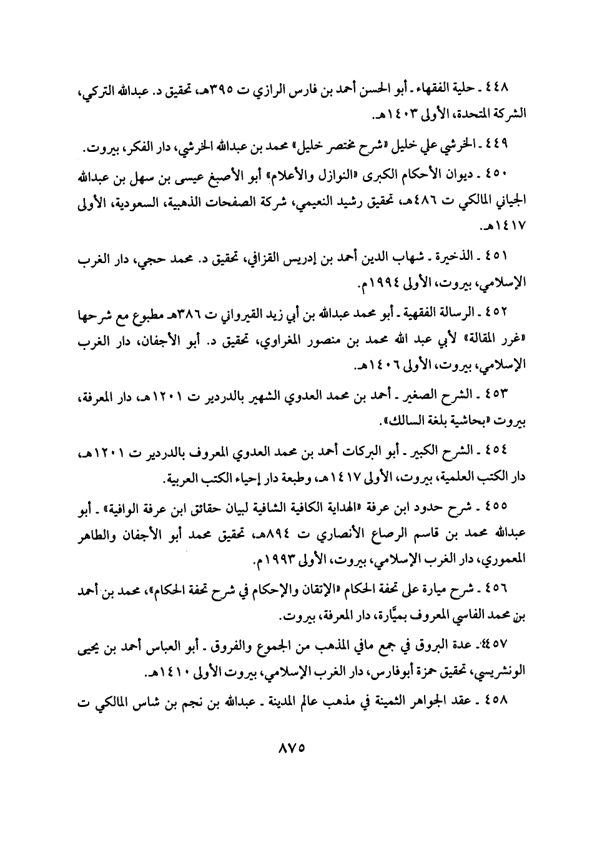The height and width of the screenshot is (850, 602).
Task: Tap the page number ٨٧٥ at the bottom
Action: coord(300,747)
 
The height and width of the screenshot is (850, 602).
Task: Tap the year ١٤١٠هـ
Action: coord(167,673)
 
